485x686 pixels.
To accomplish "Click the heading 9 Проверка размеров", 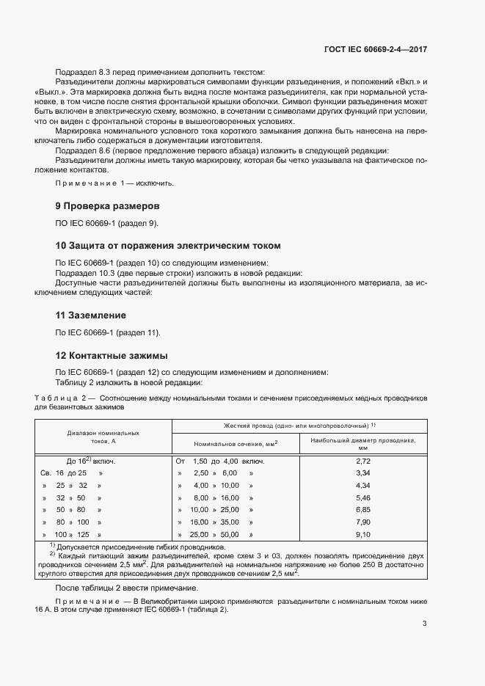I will coord(107,205).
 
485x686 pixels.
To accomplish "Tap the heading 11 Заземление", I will coord(91,315).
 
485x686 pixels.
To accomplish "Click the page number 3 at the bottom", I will coord(425,624).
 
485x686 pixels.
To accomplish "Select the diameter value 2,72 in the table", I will coord(362,461).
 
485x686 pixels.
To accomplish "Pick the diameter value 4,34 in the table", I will coord(362,486).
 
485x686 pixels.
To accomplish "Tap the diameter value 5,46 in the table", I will coord(362,497).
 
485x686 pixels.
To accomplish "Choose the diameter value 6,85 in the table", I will coord(362,510).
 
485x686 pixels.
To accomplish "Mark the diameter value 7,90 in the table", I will coord(362,522).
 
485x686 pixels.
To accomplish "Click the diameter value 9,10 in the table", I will coord(362,535).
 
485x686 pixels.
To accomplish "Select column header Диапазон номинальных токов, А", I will coord(103,437).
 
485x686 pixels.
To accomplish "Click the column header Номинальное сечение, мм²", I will coord(234,444).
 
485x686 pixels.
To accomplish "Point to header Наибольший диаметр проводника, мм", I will coord(362,443).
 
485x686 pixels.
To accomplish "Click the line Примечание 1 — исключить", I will coord(114,183).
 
